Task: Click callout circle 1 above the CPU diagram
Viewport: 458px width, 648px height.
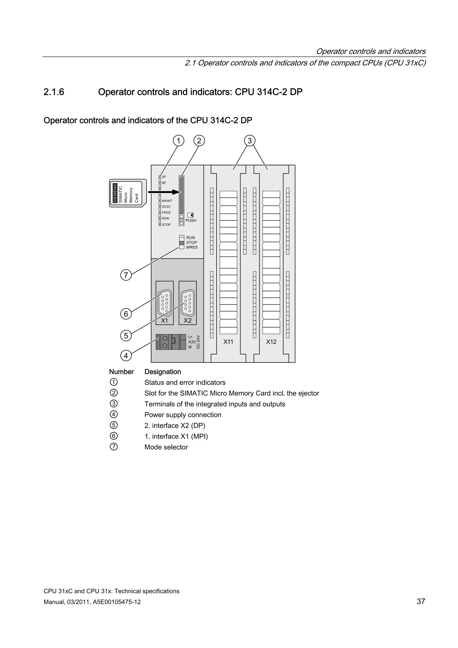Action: tap(178, 140)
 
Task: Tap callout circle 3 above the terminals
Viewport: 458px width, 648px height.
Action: tap(249, 140)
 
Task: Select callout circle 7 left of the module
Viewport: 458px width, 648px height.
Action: tap(126, 275)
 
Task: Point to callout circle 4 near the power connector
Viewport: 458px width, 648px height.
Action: tap(126, 356)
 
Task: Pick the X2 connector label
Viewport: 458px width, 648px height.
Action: tap(188, 321)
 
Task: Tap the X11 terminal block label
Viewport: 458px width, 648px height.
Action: tap(228, 342)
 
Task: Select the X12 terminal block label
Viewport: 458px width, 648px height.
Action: tap(271, 342)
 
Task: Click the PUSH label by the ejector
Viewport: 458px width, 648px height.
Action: tap(191, 220)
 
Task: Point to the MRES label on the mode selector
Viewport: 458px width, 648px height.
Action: tap(192, 247)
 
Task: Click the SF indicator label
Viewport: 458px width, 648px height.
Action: tap(164, 177)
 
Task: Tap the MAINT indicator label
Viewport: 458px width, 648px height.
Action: tap(167, 201)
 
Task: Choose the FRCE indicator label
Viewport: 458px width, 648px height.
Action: tap(166, 212)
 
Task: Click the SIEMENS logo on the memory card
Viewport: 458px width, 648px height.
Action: tap(115, 193)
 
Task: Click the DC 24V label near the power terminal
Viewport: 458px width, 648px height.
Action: tap(198, 342)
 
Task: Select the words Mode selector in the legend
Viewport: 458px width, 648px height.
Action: tap(166, 447)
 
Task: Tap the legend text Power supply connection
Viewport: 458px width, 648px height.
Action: tap(183, 415)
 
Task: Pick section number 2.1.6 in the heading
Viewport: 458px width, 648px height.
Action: tap(54, 92)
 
